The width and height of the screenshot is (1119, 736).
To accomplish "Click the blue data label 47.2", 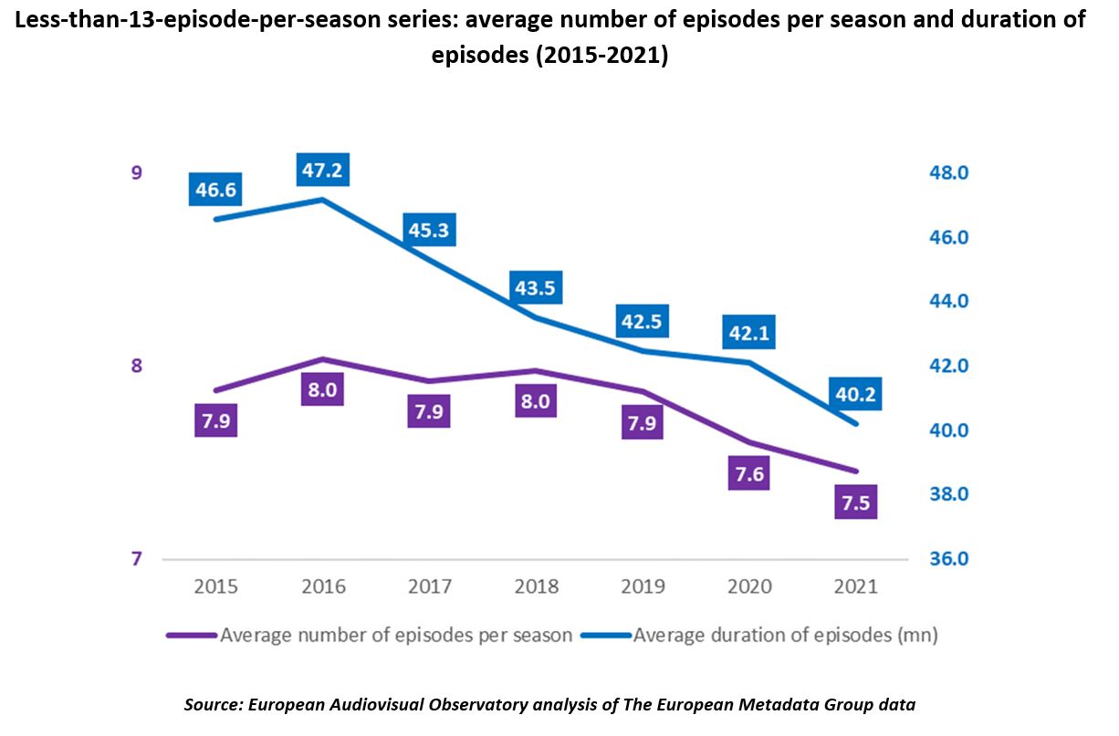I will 324,171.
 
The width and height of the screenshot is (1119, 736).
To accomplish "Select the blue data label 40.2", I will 856,394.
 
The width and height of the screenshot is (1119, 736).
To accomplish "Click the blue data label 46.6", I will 216,190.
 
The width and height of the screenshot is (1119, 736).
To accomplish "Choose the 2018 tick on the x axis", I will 537,586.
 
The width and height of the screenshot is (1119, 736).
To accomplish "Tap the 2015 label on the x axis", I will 216,586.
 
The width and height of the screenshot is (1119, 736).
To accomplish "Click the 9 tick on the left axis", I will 137,171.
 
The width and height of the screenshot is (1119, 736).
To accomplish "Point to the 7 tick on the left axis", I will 137,559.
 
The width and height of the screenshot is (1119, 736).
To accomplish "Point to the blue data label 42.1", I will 749,333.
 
